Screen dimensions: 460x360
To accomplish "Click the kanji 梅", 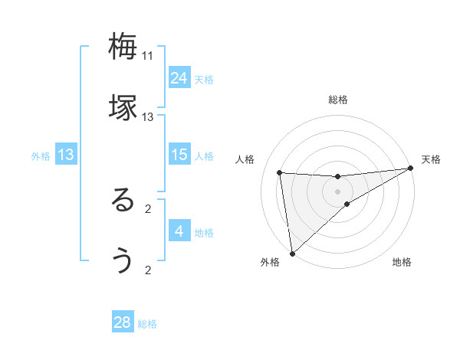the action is click(123, 47).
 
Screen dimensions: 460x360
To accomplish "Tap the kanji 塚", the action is click(123, 107).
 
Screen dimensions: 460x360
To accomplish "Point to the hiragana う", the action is click(123, 261).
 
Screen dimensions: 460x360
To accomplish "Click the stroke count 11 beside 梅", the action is click(148, 56).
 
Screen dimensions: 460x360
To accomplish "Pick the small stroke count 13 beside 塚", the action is click(148, 117).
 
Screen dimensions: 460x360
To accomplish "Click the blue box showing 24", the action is click(179, 78).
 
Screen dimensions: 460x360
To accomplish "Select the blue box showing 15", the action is click(179, 155).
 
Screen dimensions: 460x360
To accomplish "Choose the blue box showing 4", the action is click(179, 231).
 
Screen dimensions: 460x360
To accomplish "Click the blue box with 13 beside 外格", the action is click(66, 155).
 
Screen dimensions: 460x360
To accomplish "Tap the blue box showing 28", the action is click(123, 322).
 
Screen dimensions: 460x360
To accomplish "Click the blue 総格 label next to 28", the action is click(147, 324).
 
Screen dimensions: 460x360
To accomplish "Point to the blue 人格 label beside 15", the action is click(204, 156).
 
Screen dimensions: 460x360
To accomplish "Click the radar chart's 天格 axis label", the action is click(432, 159).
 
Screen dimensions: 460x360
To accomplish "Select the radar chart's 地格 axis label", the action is click(402, 263).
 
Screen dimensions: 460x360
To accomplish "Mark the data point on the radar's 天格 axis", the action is click(412, 169).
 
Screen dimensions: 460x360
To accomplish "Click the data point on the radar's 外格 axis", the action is click(291, 253).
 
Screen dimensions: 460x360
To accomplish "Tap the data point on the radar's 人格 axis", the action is click(280, 172).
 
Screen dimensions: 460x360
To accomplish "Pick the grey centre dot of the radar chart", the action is click(338, 191).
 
